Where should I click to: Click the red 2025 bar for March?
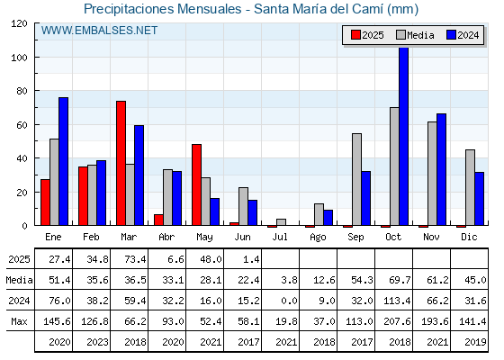click(x=121, y=163)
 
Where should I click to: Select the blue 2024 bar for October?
click(x=404, y=136)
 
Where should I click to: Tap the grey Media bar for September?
click(x=356, y=179)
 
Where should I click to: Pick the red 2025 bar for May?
click(x=197, y=184)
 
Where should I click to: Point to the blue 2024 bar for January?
click(x=64, y=161)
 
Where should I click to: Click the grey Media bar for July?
click(x=281, y=222)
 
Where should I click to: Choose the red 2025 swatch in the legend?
click(x=355, y=35)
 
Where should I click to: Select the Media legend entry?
click(x=415, y=35)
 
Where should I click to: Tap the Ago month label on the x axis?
click(x=318, y=238)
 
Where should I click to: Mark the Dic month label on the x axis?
click(x=469, y=237)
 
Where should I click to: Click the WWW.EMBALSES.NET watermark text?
click(x=99, y=31)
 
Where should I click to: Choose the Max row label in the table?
click(x=19, y=321)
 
